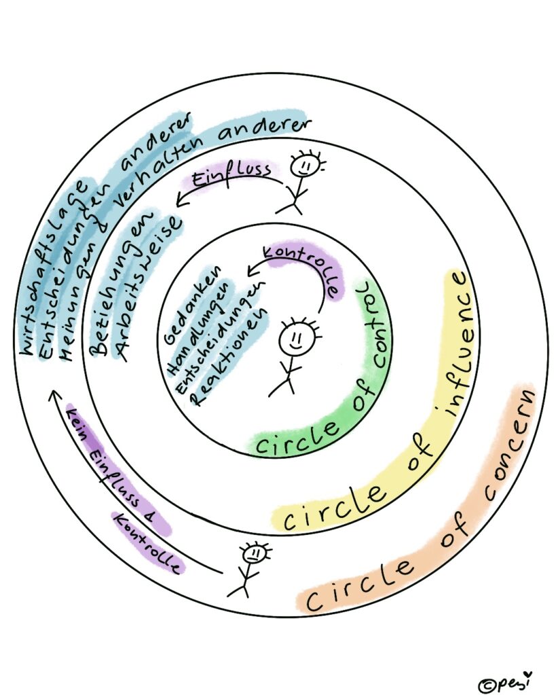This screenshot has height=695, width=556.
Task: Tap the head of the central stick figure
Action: pos(297,338)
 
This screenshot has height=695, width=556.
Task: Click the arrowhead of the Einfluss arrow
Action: pos(178,200)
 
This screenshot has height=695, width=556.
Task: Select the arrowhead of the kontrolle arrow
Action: pos(251,272)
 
